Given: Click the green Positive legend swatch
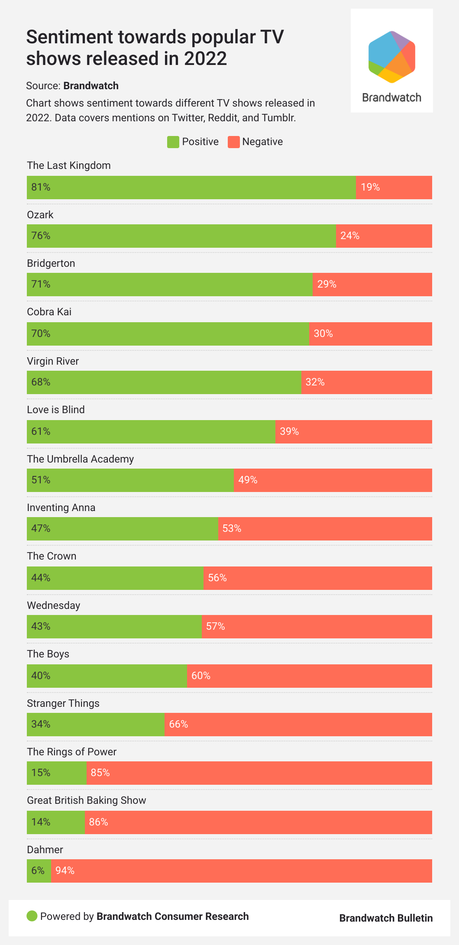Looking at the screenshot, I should pyautogui.click(x=173, y=142).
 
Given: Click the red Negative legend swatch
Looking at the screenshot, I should pyautogui.click(x=233, y=142).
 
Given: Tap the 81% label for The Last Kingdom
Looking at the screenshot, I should pyautogui.click(x=41, y=187).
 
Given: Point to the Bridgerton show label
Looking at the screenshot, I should pyautogui.click(x=51, y=263).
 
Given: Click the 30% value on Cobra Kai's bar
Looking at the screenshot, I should pyautogui.click(x=323, y=333).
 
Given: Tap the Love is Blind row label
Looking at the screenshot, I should pyautogui.click(x=56, y=410).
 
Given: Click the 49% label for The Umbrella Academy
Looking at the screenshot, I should pyautogui.click(x=248, y=480).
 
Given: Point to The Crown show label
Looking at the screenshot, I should pyautogui.click(x=52, y=556).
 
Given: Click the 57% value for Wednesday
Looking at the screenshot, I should pyautogui.click(x=215, y=626).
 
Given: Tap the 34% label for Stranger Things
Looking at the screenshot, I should pyautogui.click(x=41, y=724).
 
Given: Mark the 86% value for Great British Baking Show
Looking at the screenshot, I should pyautogui.click(x=98, y=822).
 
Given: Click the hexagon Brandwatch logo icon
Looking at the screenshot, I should pyautogui.click(x=392, y=57).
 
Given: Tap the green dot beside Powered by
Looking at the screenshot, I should pyautogui.click(x=32, y=916).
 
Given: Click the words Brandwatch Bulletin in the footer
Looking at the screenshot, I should pyautogui.click(x=386, y=918).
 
